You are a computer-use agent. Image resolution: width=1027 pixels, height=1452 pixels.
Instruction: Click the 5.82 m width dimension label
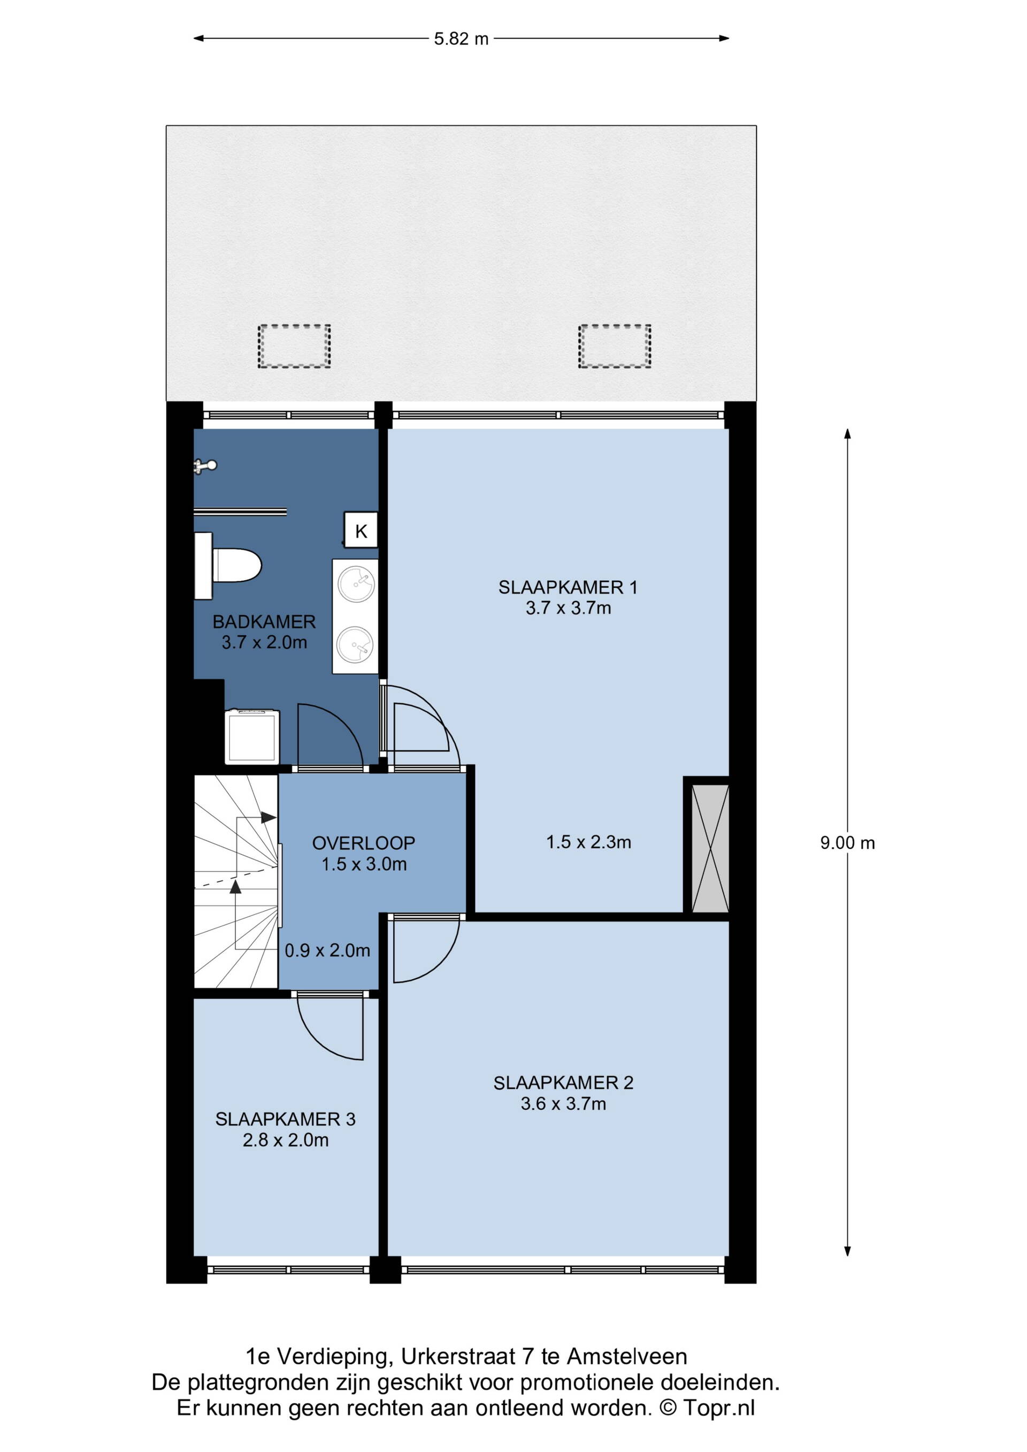coord(461,39)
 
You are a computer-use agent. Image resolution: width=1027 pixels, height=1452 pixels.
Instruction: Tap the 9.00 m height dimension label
coord(847,843)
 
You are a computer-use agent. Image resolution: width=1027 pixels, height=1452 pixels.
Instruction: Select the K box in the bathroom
coord(361,530)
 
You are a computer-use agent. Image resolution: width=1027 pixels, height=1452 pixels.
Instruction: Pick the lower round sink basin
coord(355,645)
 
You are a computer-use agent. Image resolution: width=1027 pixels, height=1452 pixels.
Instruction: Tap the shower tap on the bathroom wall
coord(205,466)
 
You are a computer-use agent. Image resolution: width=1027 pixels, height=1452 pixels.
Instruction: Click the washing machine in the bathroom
coord(252,737)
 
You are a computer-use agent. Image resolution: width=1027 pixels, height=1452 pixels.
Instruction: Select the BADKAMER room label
coord(264,621)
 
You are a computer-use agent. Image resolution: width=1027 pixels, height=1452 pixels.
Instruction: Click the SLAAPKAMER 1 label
coord(568,588)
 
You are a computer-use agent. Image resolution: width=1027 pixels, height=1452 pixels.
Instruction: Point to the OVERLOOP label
coord(364,843)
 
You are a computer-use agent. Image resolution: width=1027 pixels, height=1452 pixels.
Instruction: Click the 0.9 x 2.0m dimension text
coord(327,950)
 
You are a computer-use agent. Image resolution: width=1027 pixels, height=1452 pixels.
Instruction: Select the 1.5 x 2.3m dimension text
coord(588,842)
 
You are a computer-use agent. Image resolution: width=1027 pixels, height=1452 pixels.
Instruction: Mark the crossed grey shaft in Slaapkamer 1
coord(710,848)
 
